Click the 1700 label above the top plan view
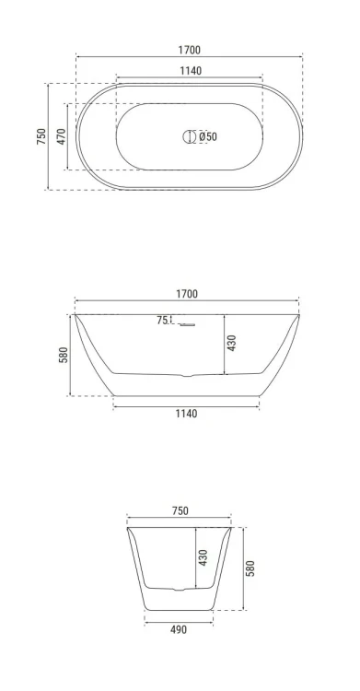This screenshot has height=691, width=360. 189,50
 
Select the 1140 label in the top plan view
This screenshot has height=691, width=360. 191,71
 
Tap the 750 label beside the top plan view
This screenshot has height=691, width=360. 41,136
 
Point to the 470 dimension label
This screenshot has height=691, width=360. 62,136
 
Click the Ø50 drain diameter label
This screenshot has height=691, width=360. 207,136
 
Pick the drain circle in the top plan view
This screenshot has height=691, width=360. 189,136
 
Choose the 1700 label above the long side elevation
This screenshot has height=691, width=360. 187,294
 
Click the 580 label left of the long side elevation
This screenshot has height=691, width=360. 63,356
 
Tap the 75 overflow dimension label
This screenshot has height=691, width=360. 162,321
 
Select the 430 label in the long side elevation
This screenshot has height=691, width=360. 232,343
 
